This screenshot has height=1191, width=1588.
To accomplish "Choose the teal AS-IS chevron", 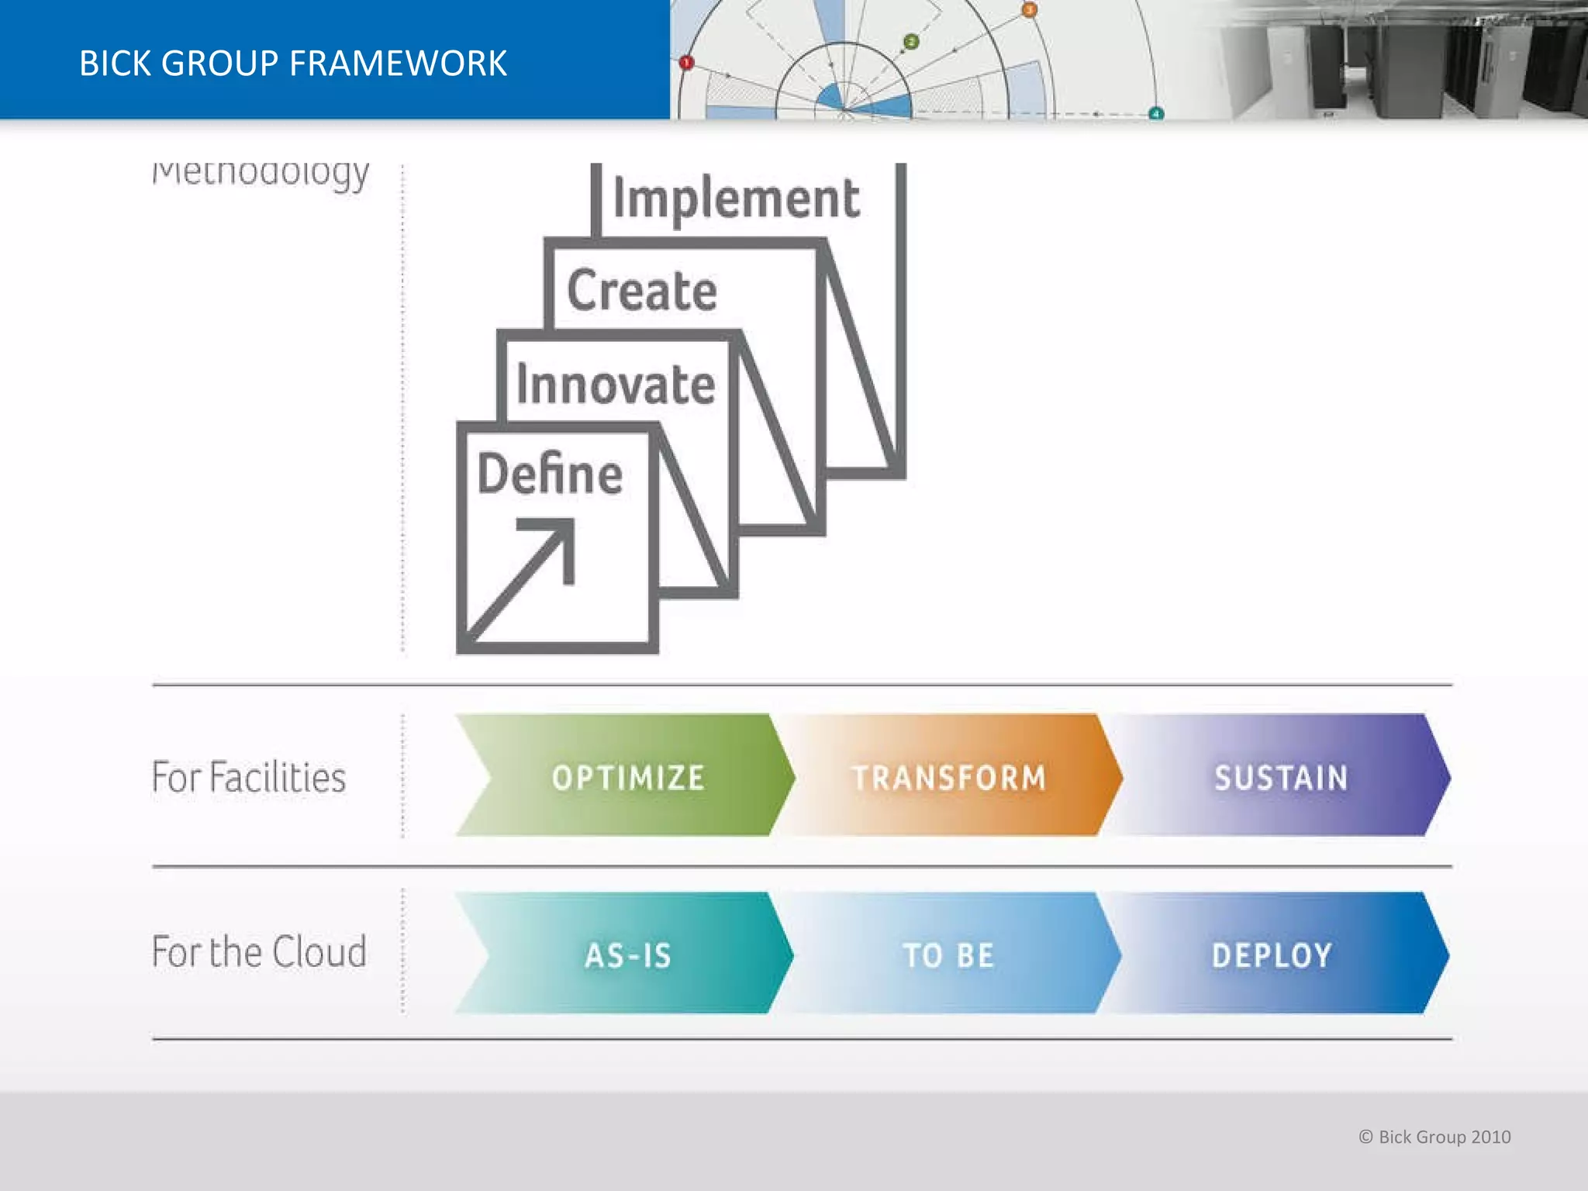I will click(x=628, y=955).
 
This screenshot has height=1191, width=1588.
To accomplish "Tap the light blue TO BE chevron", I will click(x=949, y=955).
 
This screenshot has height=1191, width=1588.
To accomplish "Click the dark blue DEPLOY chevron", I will click(x=1272, y=955).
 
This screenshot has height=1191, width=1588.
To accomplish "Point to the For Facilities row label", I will click(x=249, y=777).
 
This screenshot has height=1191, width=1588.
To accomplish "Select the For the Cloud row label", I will click(x=259, y=951).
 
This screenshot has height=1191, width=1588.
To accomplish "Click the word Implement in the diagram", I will click(x=736, y=198).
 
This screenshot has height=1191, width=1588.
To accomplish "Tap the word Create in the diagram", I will click(x=642, y=290).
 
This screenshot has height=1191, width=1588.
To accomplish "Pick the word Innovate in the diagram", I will click(x=616, y=385).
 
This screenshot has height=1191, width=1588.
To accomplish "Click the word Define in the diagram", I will click(x=550, y=475).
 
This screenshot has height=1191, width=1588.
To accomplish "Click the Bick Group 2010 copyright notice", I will click(x=1434, y=1137).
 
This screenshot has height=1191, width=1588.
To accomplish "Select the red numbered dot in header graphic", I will click(x=686, y=63).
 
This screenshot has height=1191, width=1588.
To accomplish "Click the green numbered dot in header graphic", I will click(x=912, y=42).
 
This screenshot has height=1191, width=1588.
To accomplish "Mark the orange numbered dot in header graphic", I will click(x=1029, y=10).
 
